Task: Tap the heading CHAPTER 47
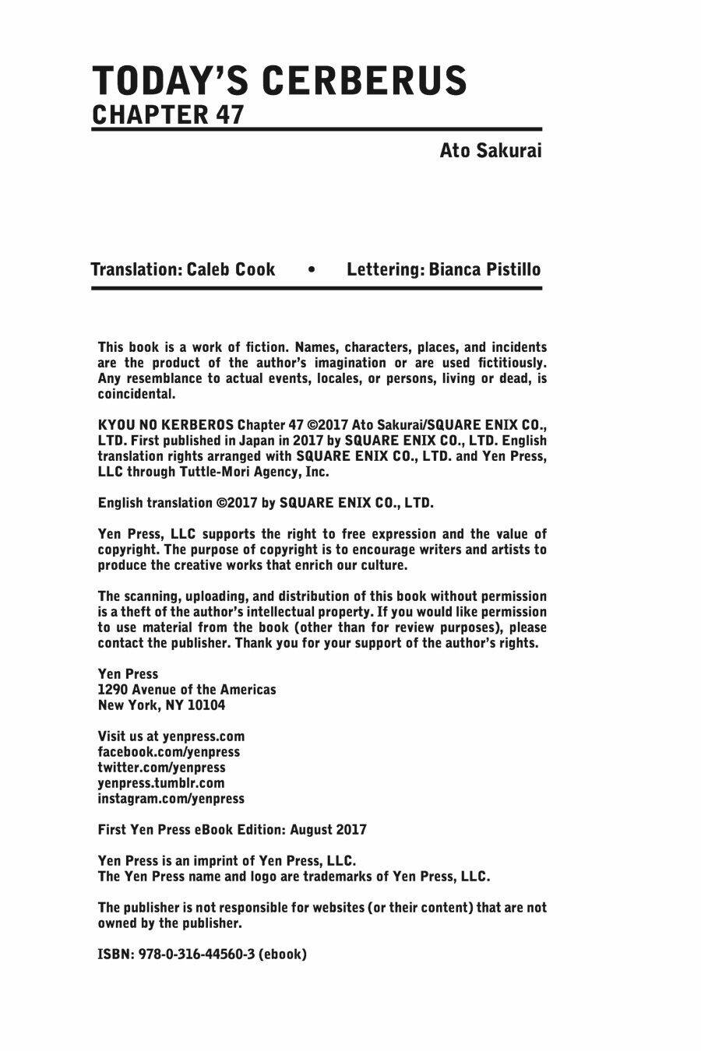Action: coord(168,114)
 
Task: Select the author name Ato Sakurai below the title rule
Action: coord(490,149)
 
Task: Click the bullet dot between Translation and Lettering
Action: coord(312,270)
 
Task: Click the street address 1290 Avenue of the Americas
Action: coord(187,690)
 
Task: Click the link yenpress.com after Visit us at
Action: coord(203,736)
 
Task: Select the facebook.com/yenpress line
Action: coord(168,752)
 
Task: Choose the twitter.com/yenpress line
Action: coord(161,768)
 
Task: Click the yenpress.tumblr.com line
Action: coord(160,783)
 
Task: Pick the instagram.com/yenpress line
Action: coord(171,799)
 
